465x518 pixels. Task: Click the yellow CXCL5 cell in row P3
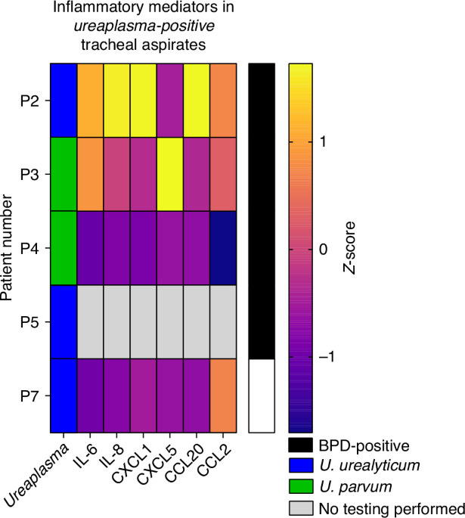coord(170,174)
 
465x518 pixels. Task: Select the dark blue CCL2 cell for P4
coord(223,248)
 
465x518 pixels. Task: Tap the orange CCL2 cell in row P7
coord(223,395)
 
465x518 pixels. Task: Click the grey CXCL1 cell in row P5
coord(144,321)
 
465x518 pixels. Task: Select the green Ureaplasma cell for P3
coord(64,174)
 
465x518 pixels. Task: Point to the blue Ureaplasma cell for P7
coord(64,395)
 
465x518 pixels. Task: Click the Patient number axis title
coord(8,248)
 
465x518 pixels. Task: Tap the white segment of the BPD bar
coord(262,395)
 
